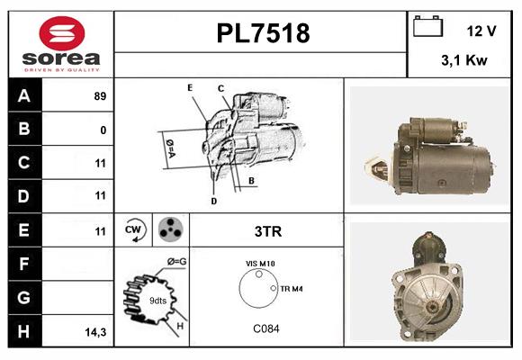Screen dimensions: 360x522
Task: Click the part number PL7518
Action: point(263,33)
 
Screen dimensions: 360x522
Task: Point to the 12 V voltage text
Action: point(481,31)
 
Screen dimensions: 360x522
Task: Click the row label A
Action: point(23,96)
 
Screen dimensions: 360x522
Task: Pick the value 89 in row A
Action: point(100,96)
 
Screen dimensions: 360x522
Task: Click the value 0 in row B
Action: point(103,130)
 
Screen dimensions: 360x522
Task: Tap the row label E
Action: point(23,230)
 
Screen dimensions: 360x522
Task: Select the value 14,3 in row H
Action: point(95,332)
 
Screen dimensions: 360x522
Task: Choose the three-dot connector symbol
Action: point(170,229)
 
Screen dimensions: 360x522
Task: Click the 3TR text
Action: point(268,231)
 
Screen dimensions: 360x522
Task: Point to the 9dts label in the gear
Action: point(157,300)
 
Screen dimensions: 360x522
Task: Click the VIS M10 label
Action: point(260,264)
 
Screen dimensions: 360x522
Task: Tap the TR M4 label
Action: point(291,289)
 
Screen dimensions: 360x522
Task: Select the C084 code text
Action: point(265,328)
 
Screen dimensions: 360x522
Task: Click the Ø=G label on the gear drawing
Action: point(176,262)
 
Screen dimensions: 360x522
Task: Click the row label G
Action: point(23,297)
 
